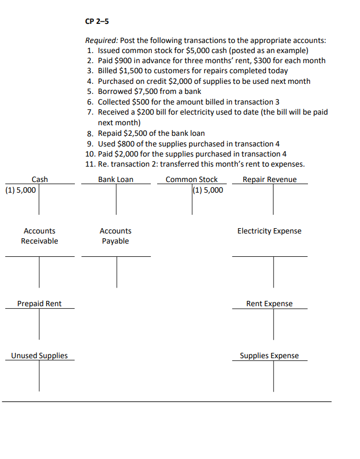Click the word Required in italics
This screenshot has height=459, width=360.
102,40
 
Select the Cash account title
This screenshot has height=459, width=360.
40,179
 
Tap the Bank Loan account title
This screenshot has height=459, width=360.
116,179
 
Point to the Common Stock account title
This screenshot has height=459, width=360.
192,179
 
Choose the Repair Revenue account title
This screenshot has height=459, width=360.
270,179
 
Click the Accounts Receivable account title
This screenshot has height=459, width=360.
40,236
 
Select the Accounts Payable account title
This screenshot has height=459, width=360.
115,236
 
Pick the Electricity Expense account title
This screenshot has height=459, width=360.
269,231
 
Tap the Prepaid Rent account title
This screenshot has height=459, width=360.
39,304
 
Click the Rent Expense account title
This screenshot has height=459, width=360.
269,304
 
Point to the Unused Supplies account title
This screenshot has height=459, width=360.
39,356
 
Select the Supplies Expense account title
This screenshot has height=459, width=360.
269,356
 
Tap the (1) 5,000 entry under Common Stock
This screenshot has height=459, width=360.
208,190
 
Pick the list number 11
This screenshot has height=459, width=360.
89,164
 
